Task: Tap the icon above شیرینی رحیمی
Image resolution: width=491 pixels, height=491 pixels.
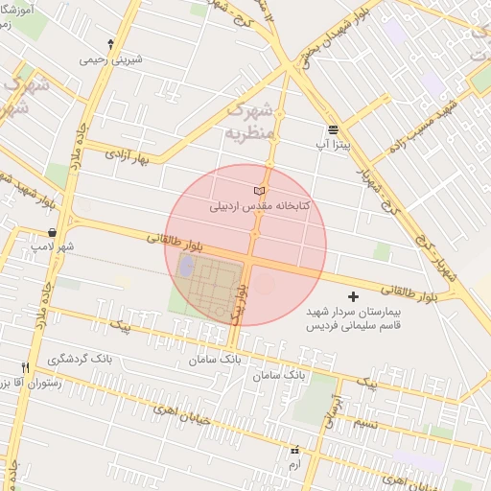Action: tap(111, 44)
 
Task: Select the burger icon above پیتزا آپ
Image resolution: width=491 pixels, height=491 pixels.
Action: tap(333, 129)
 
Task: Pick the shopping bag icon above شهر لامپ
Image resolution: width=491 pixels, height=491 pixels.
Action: tap(51, 232)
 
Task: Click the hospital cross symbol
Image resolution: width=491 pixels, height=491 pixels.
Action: tap(353, 297)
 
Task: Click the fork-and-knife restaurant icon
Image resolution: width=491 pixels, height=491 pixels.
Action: tap(26, 367)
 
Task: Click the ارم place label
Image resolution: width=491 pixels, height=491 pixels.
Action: tap(294, 464)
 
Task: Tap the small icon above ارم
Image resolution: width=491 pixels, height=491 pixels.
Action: tap(294, 449)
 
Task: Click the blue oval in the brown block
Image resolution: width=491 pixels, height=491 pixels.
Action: tap(185, 265)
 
